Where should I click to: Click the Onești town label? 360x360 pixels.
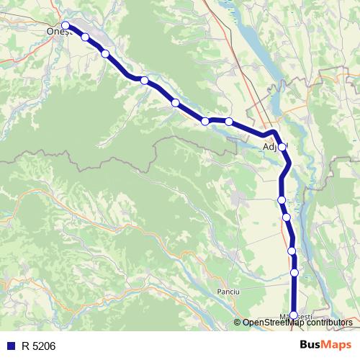[x=56, y=32]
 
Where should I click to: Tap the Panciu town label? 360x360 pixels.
[x=228, y=291]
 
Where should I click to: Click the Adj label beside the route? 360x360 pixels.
[x=270, y=148]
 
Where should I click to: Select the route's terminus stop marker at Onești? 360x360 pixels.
[x=66, y=26]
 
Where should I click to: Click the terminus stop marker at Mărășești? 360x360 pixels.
[x=293, y=315]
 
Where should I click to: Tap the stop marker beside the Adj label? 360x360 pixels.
[x=282, y=147]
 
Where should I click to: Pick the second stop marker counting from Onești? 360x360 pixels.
[x=85, y=37]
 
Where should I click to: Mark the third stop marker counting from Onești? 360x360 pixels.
[x=105, y=53]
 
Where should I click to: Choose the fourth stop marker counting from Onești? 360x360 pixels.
[x=145, y=80]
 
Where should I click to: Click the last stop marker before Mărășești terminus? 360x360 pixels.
[x=294, y=273]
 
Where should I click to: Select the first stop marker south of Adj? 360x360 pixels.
[x=282, y=199]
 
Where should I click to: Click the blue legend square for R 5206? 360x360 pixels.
[x=9, y=346]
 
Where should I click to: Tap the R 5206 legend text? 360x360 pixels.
[x=38, y=346]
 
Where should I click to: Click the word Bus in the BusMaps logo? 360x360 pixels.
[x=311, y=346]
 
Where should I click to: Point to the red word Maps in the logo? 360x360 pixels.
[x=337, y=346]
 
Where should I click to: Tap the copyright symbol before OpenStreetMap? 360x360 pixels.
[x=238, y=323]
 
